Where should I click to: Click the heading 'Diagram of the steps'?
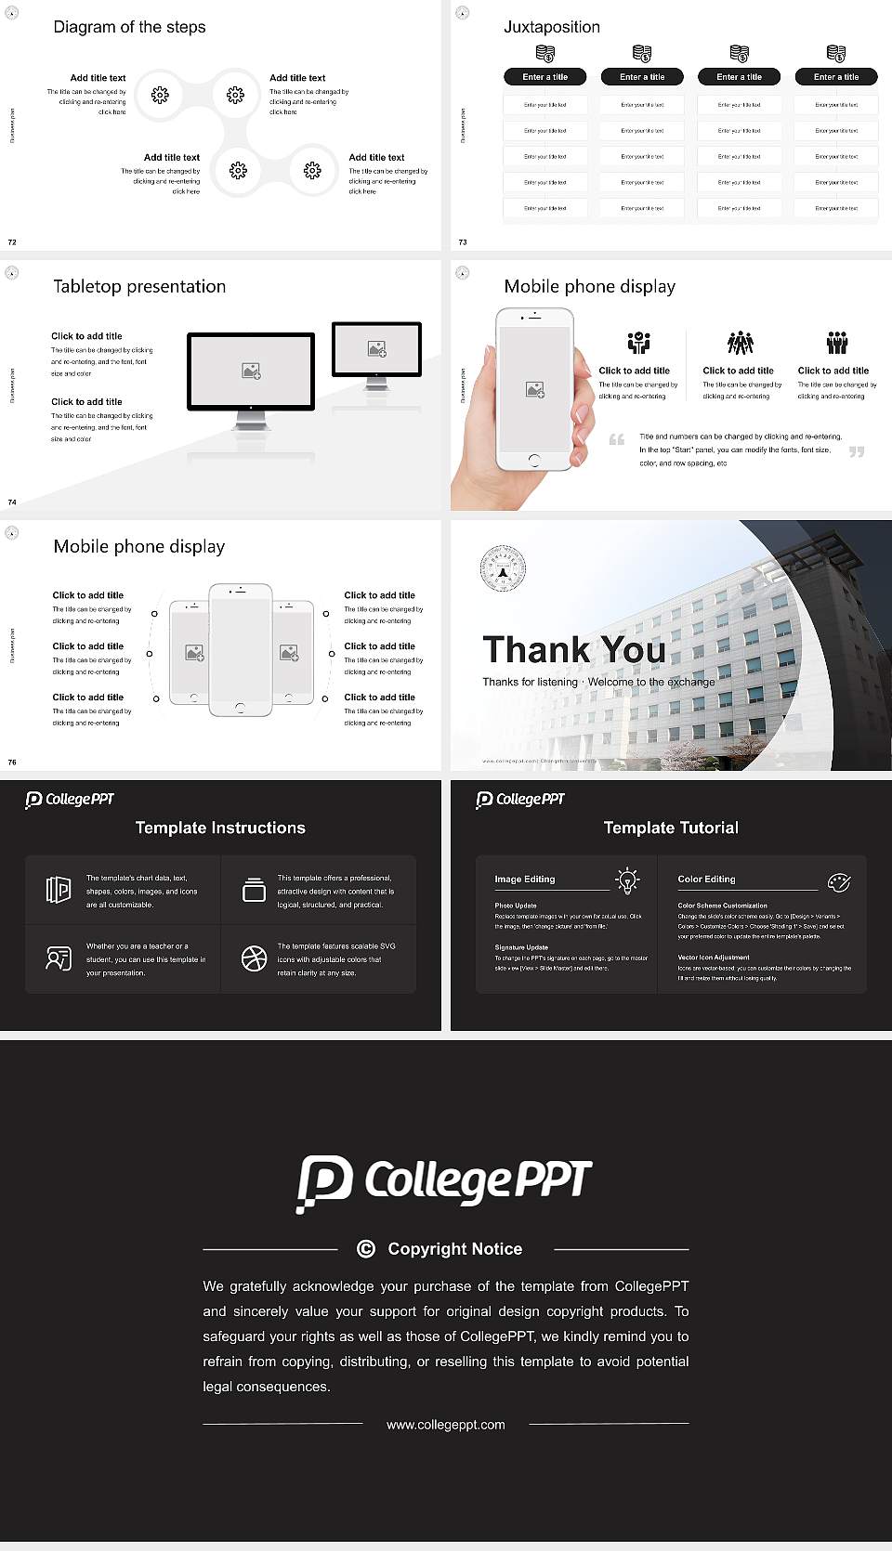click(129, 27)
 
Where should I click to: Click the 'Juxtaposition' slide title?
click(551, 27)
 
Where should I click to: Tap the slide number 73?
click(463, 242)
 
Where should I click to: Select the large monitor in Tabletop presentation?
click(251, 371)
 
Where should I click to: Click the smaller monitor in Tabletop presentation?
click(376, 350)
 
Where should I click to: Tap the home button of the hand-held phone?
click(534, 460)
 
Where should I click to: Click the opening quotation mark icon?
click(617, 439)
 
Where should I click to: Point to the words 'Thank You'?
click(573, 649)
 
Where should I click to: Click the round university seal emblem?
click(503, 569)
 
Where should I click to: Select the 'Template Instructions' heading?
click(220, 828)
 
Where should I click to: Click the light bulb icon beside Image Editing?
click(627, 880)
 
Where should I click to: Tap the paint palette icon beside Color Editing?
click(839, 881)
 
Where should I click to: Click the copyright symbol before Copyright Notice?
click(366, 1249)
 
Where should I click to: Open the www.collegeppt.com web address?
click(446, 1425)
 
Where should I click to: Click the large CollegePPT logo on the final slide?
click(444, 1182)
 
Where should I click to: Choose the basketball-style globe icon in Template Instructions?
click(254, 958)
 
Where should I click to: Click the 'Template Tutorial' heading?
click(671, 828)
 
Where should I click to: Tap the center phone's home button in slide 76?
click(241, 708)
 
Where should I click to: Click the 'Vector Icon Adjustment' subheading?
click(714, 957)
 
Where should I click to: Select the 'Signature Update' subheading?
click(521, 947)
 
